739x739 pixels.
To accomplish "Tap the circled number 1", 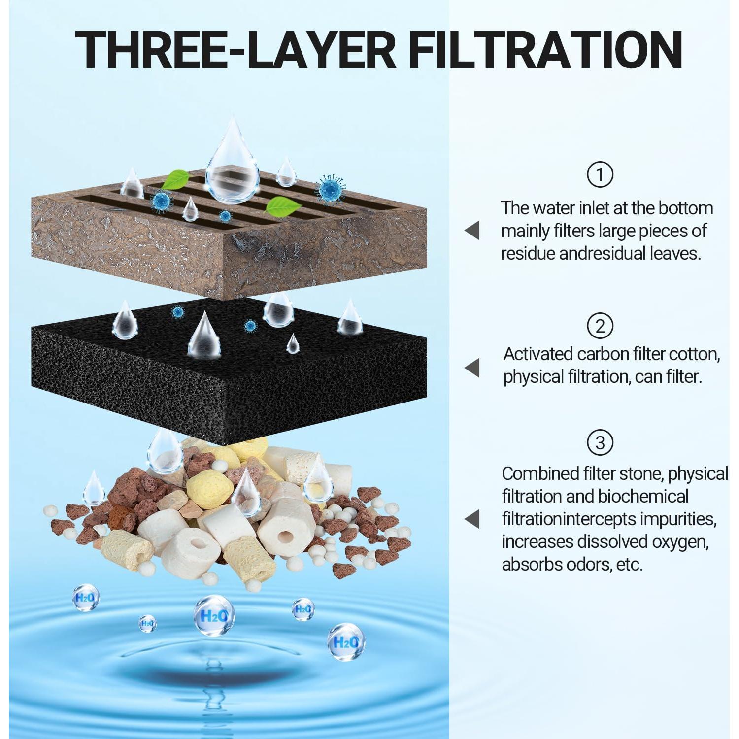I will point(600,174).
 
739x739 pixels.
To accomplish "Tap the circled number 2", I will point(600,326).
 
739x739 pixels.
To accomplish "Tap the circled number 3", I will point(600,442).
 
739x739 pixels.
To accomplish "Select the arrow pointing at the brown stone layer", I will point(472,230).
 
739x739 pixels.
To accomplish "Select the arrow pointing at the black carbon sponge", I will point(472,368).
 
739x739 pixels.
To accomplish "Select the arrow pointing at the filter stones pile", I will point(472,519).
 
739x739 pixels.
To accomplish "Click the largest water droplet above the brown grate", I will point(232,165).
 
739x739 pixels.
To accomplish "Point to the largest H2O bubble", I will point(213,615).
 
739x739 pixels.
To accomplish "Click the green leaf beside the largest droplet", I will point(176,180).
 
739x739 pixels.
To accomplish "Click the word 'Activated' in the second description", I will point(537,354).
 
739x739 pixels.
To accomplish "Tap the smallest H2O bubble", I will point(147,623).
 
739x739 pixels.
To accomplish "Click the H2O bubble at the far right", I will point(346,642).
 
